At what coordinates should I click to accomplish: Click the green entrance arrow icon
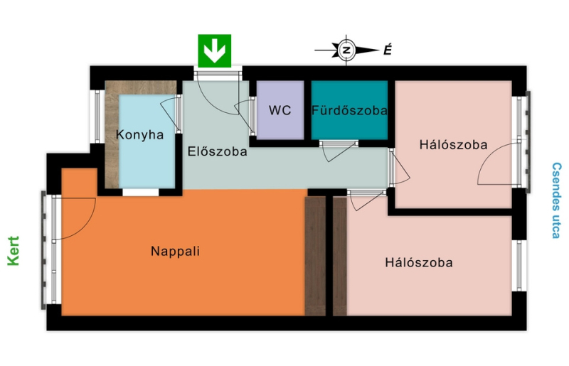point(215,50)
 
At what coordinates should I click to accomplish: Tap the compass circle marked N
point(346,50)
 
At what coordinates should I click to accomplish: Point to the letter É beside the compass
point(388,50)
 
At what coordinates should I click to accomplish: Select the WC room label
point(280,110)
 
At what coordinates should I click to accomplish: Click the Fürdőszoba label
point(349,110)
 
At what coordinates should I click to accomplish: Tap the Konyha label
point(139,134)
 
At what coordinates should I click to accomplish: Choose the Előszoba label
point(218,151)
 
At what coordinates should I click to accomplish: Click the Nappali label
point(175,251)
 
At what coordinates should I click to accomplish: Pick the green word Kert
point(14,251)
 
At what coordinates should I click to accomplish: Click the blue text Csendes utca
point(556,200)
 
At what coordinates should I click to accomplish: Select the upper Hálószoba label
point(453,145)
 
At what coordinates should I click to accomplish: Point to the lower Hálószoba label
point(419,262)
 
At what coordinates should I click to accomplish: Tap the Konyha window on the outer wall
point(97,116)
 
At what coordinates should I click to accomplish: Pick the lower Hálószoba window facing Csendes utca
point(520,266)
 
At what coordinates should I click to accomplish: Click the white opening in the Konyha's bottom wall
point(140,193)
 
